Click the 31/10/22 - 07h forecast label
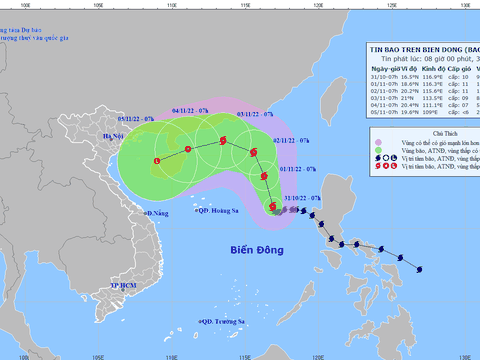coord(301,199)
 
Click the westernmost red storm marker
coord(158,162)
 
